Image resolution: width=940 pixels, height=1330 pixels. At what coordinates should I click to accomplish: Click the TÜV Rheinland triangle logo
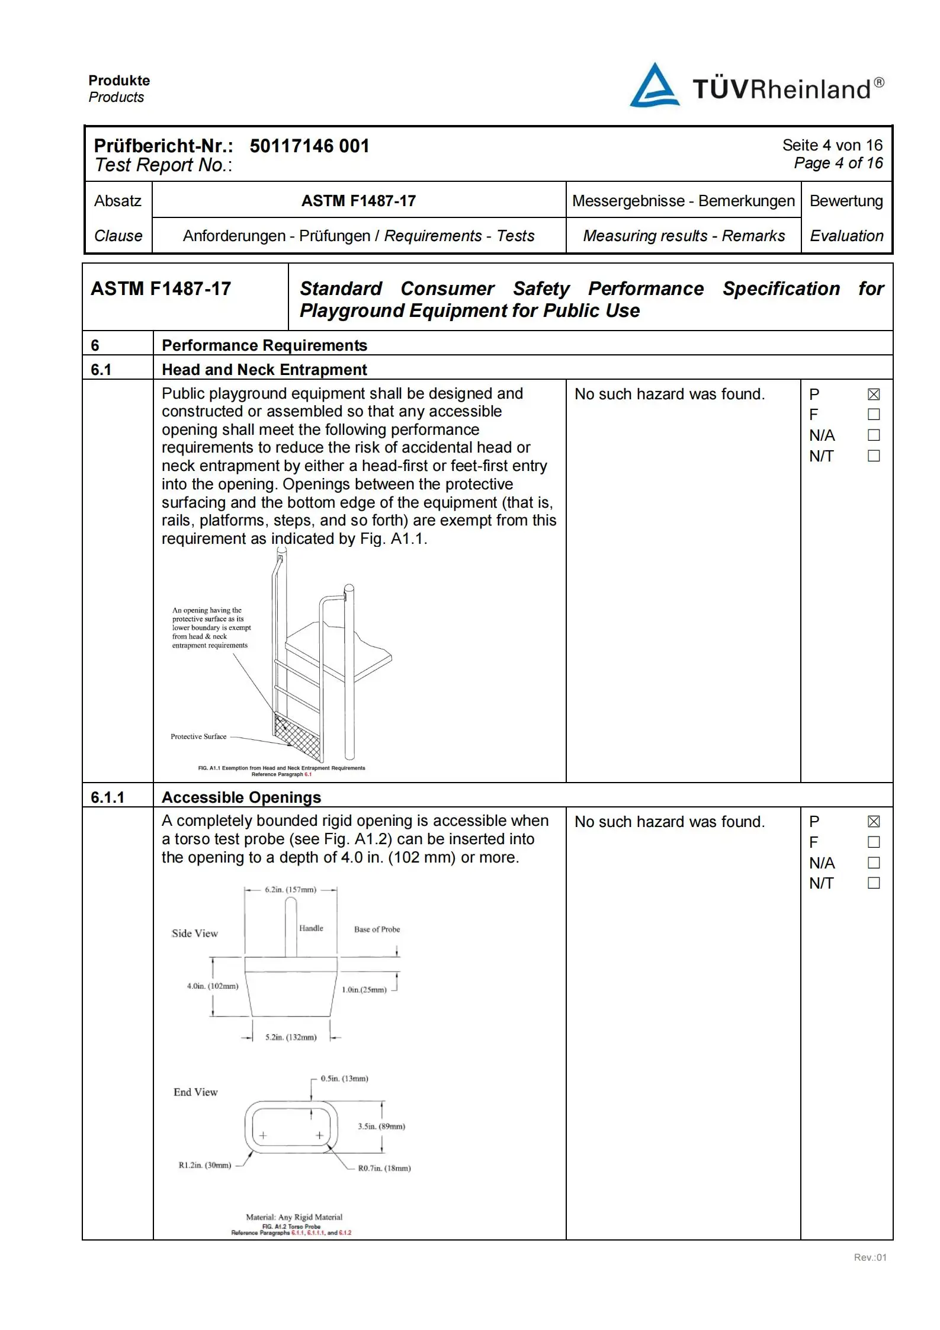[x=654, y=86]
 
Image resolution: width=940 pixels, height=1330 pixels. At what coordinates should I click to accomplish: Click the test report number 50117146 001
[x=309, y=146]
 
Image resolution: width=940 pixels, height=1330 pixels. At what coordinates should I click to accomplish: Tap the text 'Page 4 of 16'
[x=838, y=163]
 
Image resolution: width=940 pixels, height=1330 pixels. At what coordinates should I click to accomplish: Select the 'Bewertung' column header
[x=846, y=201]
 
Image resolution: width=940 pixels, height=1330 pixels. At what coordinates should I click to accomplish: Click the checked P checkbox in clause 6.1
[x=874, y=395]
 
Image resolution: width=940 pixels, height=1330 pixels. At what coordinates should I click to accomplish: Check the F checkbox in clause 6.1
[x=874, y=415]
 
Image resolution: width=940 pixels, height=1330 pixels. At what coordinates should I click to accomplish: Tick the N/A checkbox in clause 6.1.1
[x=874, y=863]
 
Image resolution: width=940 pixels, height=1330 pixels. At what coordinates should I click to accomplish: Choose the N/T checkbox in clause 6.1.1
[x=874, y=883]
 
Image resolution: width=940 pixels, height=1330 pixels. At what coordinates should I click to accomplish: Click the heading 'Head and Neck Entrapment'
[x=264, y=370]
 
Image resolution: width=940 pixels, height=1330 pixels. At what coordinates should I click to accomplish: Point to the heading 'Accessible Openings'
[x=241, y=797]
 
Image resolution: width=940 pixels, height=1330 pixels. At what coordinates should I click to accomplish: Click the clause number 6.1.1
[x=107, y=797]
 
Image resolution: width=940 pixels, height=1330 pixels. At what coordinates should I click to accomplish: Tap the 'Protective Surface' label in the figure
[x=198, y=736]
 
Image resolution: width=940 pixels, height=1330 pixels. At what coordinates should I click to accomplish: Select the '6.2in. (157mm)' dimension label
[x=290, y=889]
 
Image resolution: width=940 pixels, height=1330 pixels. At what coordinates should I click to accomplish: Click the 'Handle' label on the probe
[x=311, y=928]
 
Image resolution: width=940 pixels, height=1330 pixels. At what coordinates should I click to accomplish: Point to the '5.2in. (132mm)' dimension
[x=291, y=1037]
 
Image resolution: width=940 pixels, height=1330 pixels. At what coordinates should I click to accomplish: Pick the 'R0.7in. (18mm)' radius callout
[x=384, y=1168]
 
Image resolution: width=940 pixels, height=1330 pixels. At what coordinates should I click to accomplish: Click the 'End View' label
[x=195, y=1092]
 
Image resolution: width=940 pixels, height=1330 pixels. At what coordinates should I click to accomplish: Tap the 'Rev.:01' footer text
[x=870, y=1252]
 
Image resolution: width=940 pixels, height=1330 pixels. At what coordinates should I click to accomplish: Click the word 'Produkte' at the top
[x=119, y=81]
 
